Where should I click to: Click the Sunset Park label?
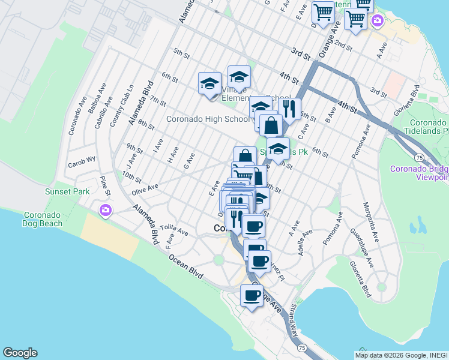(x=67, y=191)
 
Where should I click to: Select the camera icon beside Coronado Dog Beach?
(x=106, y=211)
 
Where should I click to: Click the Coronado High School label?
(x=207, y=119)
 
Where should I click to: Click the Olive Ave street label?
(x=145, y=189)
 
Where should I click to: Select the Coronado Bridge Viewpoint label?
(x=420, y=172)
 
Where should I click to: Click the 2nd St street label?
(x=343, y=46)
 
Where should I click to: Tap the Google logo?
(x=20, y=353)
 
